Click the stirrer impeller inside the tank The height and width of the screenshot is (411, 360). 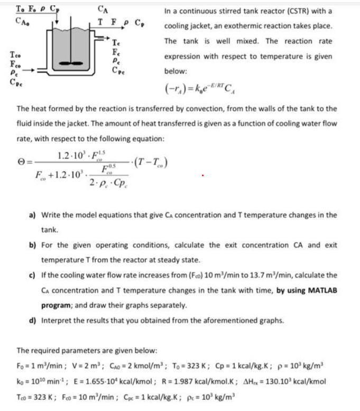coord(71,62)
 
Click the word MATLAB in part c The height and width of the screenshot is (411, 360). coord(321,290)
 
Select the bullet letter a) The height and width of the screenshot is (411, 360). coord(32,215)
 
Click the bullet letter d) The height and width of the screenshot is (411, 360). coord(32,320)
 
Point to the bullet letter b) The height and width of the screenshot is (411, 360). coord(32,245)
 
